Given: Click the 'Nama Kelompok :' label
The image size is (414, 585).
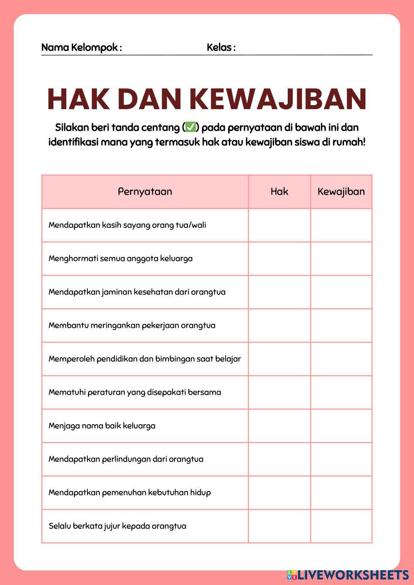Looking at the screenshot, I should (x=82, y=48).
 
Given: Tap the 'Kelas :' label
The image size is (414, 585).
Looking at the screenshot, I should (x=221, y=48).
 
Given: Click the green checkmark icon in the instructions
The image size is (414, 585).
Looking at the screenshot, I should (x=190, y=127).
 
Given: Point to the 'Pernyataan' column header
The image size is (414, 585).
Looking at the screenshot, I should (x=145, y=192).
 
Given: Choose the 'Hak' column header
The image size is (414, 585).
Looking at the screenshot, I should (x=279, y=192).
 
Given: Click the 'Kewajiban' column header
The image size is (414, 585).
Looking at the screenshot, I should (x=341, y=192).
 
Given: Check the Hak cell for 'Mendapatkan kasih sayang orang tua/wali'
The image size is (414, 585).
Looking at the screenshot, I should (x=279, y=225).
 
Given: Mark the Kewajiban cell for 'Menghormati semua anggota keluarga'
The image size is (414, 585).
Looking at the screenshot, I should (x=341, y=259).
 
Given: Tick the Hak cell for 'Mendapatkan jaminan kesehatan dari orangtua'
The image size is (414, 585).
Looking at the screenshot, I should (x=279, y=292).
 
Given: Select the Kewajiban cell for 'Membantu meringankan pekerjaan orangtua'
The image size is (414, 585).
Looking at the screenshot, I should (x=341, y=326).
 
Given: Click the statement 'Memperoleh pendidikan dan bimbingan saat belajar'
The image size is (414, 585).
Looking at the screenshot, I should (x=144, y=359).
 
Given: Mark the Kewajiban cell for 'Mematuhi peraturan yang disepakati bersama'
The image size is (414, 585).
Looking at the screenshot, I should (x=341, y=392).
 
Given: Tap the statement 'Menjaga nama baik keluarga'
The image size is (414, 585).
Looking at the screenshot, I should (x=102, y=426).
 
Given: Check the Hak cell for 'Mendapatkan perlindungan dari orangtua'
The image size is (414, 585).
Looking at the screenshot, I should (x=279, y=459).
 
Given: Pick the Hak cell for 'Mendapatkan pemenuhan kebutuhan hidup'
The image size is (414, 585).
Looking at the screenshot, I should (x=279, y=493).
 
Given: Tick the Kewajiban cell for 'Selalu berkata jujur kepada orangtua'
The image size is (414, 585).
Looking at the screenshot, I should (x=341, y=526).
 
